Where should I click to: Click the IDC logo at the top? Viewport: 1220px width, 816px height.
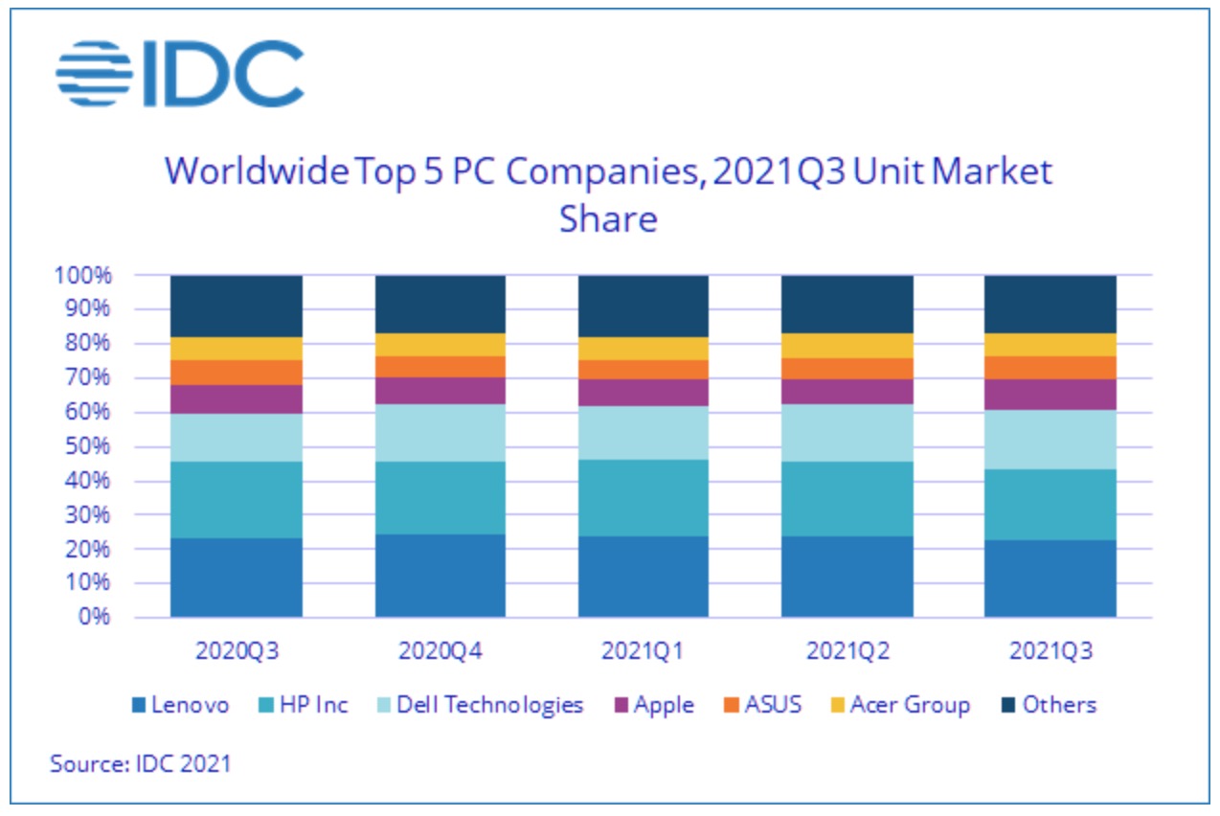click(180, 73)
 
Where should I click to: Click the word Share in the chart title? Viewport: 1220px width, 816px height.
click(608, 218)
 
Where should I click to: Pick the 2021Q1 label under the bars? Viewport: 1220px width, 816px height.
click(643, 651)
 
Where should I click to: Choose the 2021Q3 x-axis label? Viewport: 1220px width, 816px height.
click(1051, 651)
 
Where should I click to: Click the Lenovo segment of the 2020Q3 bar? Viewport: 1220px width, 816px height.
click(236, 578)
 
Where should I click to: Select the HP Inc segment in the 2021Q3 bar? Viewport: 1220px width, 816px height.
click(1051, 505)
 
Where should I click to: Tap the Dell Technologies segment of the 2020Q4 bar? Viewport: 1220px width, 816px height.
click(440, 433)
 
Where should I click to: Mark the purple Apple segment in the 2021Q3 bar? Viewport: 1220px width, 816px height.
click(1051, 395)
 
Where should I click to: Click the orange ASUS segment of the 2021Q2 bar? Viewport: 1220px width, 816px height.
click(847, 369)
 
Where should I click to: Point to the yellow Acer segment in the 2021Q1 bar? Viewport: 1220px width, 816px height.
click(643, 349)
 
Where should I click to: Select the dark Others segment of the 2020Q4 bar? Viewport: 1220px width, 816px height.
click(440, 304)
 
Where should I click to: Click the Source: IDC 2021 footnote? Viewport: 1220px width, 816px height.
click(141, 764)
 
